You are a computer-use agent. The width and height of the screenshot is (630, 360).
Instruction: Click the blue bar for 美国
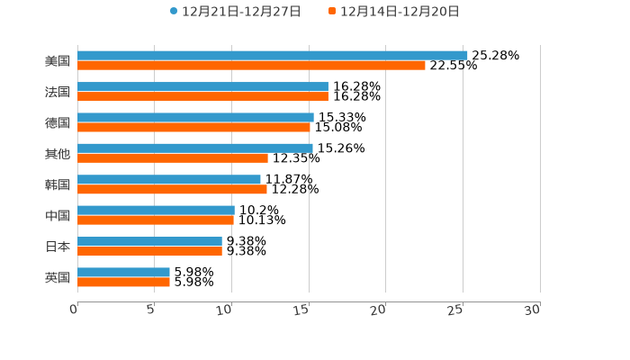coord(272,56)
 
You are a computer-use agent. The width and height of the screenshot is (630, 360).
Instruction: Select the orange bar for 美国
coord(251,66)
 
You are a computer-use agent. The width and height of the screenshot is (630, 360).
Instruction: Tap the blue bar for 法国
coord(202,86)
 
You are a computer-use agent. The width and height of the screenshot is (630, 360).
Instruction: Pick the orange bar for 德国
coord(193,127)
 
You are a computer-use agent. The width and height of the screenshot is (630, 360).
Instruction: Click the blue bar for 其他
coord(195,148)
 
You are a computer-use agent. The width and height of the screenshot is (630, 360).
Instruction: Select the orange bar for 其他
coord(173,158)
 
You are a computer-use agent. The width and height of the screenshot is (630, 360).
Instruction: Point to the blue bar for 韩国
coord(169,179)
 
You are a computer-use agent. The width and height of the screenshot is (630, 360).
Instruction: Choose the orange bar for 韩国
coord(172,189)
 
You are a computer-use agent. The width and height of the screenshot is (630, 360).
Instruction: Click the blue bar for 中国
coord(156,210)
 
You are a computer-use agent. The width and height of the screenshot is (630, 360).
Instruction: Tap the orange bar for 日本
coord(149,251)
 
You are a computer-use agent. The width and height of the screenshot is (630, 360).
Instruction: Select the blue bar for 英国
coord(123,272)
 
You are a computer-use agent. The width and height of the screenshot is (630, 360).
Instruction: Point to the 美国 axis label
coord(58,61)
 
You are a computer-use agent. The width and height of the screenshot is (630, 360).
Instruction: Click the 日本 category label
coord(58,247)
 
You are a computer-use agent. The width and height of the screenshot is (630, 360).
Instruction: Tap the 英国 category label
coord(58,277)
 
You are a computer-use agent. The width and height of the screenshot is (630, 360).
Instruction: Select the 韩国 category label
coord(58,184)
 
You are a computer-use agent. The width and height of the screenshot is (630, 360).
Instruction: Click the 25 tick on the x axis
coord(455,310)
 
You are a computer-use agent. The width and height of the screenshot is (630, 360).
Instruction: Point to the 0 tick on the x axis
coord(74,310)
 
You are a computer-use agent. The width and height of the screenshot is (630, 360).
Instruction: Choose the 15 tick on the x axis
coord(301,310)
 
